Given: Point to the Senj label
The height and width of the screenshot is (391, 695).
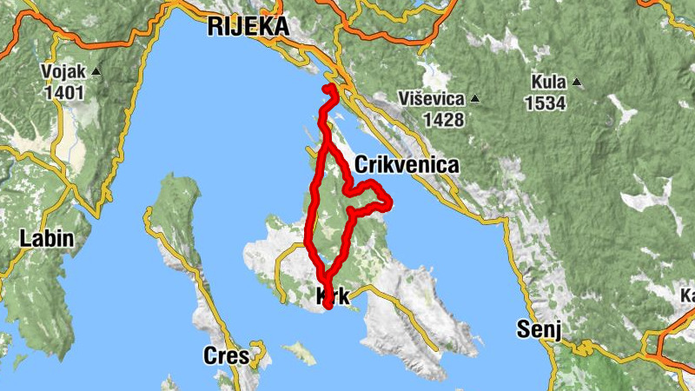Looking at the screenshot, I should tap(539, 329).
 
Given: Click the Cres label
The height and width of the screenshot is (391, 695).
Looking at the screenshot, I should tap(226, 355).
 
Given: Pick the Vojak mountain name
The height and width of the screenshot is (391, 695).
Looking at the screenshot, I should tap(64, 71).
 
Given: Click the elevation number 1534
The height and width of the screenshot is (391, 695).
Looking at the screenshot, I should tap(545, 103).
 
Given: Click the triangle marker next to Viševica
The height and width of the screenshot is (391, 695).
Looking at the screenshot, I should tap(475, 99).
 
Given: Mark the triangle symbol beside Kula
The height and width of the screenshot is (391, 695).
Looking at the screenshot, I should tap(576, 83).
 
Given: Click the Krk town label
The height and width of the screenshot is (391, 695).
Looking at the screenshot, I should tap(334, 295).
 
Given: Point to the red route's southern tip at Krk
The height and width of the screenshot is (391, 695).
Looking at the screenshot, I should tap(328, 305).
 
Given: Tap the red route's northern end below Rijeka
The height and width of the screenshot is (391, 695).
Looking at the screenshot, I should tap(328, 89).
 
